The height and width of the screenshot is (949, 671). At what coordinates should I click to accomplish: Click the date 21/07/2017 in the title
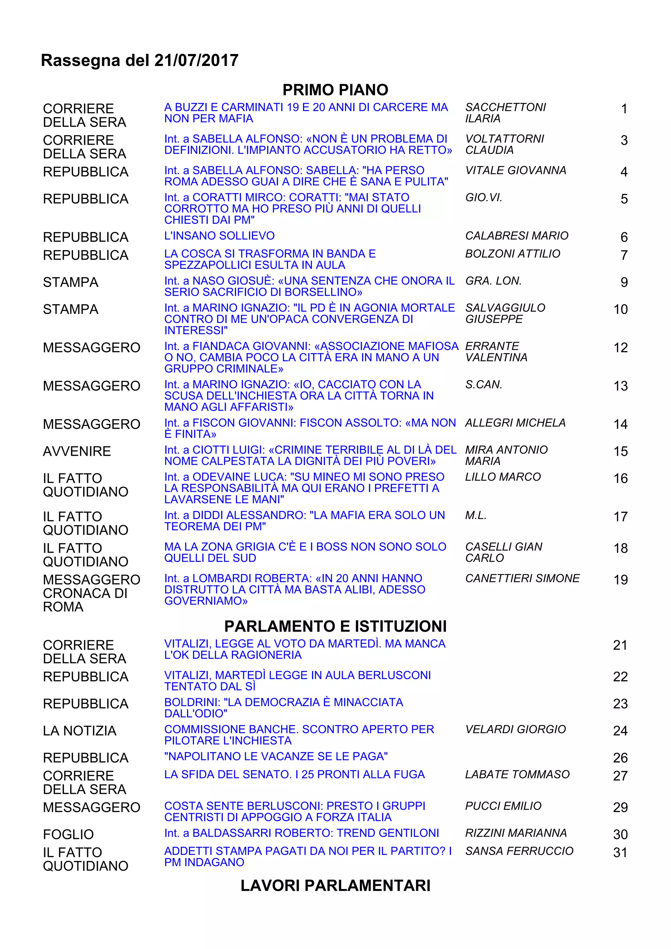click(196, 60)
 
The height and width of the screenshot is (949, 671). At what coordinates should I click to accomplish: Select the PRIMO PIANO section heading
click(335, 90)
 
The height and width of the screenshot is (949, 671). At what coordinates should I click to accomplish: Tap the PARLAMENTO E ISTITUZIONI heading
click(335, 626)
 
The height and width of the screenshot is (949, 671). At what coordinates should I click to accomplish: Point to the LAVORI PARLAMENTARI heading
click(335, 885)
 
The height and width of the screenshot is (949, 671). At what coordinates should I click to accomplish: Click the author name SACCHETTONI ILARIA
click(505, 113)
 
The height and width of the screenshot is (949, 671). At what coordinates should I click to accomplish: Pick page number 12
click(620, 348)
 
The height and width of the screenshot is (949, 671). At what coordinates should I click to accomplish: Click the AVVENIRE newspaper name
click(77, 451)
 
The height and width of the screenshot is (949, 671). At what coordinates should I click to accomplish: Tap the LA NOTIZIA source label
click(79, 731)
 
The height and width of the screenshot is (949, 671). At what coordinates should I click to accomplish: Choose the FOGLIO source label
click(68, 834)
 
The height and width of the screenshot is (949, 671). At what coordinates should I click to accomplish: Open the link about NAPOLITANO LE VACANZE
click(276, 756)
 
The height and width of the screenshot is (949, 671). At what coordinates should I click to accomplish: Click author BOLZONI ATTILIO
click(513, 254)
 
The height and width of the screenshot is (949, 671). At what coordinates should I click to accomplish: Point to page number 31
click(620, 852)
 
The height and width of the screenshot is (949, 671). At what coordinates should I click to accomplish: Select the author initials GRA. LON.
click(493, 281)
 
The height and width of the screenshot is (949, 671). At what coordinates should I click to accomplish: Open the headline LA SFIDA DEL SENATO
click(294, 774)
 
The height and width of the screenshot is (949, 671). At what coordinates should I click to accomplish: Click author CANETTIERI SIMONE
click(522, 578)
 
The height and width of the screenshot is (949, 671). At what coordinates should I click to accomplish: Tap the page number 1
click(624, 109)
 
